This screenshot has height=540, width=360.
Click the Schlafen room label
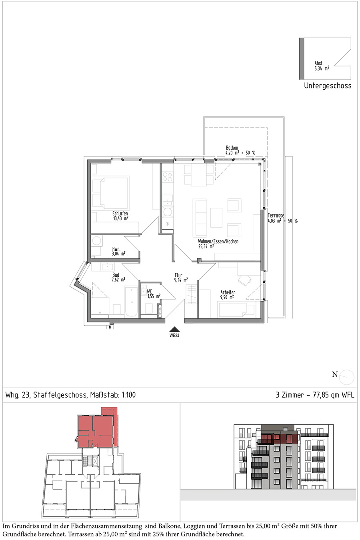[120, 213]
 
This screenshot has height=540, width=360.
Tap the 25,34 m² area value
[206, 246]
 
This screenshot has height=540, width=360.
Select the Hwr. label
[116, 249]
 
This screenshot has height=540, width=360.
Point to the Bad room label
[116, 275]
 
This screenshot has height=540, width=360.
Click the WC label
[149, 292]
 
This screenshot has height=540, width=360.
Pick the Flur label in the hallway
[179, 275]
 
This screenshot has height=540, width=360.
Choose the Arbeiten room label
[228, 292]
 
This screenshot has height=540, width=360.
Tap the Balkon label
[232, 148]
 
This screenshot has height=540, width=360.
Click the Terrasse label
[276, 216]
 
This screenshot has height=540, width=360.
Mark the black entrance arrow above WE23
[174, 330]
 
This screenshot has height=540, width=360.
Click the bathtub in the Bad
[131, 301]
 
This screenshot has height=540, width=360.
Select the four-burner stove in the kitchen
[168, 177]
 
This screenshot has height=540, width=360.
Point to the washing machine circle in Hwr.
[96, 241]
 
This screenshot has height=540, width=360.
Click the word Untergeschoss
[328, 86]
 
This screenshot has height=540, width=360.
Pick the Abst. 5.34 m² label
[322, 66]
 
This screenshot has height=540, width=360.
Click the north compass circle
[347, 377]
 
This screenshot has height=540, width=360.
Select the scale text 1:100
[128, 395]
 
